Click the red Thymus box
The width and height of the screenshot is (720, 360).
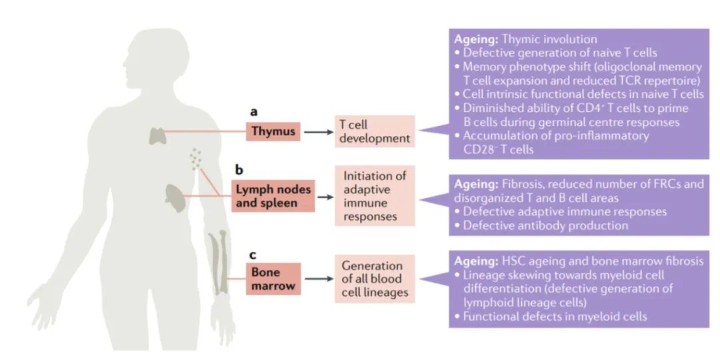coord(273,131)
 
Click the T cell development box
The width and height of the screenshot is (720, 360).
coord(374,131)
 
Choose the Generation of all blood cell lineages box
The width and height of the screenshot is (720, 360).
coord(375,279)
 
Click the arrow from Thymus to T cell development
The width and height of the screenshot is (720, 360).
coord(317,132)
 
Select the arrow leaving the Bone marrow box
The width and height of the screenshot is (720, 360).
coord(317,279)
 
